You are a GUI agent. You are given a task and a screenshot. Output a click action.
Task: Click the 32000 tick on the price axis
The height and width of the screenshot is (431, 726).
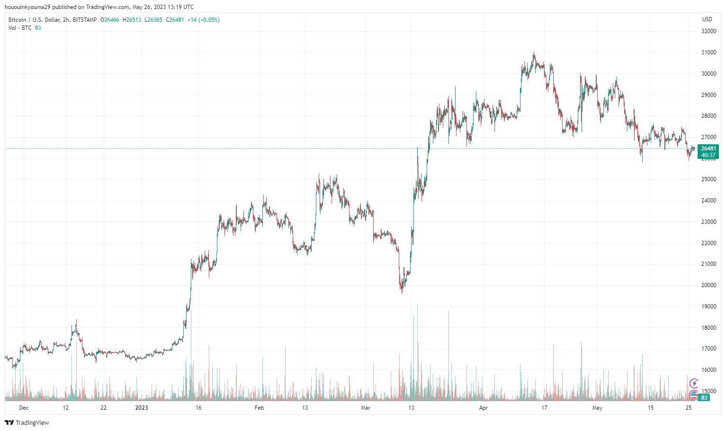tap(708, 31)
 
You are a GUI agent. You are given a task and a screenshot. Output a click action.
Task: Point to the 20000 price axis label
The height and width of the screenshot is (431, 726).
tap(708, 285)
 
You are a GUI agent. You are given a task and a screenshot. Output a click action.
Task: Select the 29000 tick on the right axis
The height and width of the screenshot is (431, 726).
tap(708, 95)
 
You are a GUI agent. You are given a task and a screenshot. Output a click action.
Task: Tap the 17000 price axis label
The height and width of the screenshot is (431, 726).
tap(708, 349)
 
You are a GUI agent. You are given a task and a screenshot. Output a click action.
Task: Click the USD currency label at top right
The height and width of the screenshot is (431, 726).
tap(707, 19)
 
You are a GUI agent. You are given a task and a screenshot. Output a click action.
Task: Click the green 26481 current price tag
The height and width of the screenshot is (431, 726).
tap(708, 149)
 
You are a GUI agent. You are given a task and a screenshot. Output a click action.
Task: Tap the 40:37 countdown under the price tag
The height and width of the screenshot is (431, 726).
tap(708, 155)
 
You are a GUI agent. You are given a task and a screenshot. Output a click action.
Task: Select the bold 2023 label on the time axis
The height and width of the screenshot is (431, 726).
tap(141, 408)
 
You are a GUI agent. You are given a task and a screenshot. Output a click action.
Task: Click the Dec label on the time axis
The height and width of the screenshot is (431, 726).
tap(24, 408)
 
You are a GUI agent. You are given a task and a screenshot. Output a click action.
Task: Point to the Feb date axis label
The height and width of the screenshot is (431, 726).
tap(259, 408)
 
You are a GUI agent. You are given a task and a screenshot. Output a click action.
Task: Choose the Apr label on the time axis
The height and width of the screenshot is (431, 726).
tap(483, 408)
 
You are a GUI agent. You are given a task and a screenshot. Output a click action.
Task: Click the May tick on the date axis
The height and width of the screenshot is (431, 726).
tap(597, 408)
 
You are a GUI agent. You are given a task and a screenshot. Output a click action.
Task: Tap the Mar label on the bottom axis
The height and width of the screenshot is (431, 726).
tap(365, 408)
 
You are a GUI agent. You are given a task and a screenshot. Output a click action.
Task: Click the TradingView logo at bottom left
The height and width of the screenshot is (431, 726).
tap(27, 422)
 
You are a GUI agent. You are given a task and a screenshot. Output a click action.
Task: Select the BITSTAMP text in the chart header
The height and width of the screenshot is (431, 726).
tap(85, 20)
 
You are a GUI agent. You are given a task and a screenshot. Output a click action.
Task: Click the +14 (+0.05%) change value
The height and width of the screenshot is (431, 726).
tap(203, 20)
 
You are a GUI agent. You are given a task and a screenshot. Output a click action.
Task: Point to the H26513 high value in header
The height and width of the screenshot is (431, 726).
tap(132, 20)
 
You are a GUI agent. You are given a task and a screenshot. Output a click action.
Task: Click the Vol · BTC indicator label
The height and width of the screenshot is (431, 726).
tap(20, 28)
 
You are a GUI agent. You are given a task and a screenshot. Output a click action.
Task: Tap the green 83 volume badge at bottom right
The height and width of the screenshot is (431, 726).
tap(704, 398)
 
